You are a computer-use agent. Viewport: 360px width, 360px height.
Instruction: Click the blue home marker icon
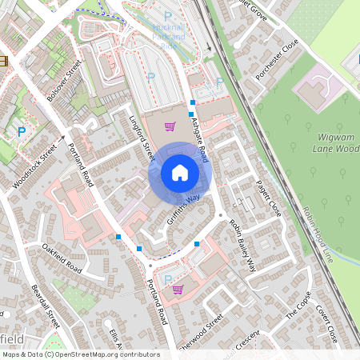180,172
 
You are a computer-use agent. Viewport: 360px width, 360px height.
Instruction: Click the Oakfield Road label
62,257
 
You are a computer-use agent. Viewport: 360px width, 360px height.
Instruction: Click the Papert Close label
269,198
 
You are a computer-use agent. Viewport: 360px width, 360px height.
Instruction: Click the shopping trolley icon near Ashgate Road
170,126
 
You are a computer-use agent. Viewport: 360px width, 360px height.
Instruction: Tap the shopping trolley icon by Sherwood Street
178,289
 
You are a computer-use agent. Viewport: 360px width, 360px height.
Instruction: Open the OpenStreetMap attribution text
80,354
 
